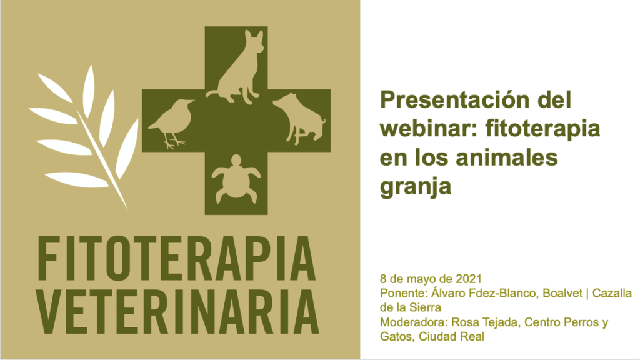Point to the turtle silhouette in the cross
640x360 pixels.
(236, 179)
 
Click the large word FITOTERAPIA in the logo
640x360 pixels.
(176, 258)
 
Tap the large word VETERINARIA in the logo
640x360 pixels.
(177, 311)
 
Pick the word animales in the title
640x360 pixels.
(506, 157)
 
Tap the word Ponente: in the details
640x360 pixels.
(404, 293)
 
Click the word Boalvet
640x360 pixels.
(562, 293)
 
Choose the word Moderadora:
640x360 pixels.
(414, 322)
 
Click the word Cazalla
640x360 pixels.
(612, 293)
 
